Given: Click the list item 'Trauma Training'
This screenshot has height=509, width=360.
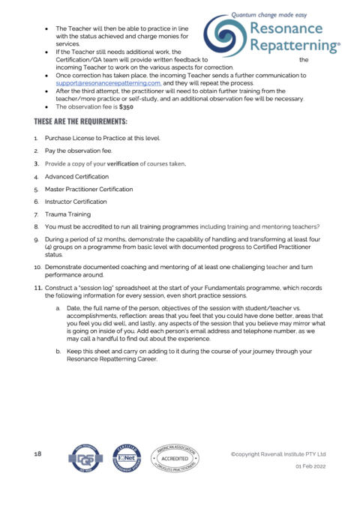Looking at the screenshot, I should tap(71, 214).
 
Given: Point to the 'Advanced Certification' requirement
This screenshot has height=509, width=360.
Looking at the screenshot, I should tap(76, 176).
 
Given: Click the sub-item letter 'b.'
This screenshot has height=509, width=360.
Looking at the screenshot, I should tap(59, 351).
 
